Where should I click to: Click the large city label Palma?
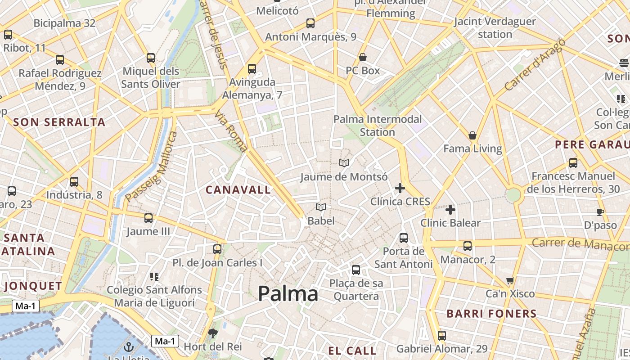288,294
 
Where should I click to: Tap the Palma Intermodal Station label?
378,126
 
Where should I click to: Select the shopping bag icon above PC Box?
363,57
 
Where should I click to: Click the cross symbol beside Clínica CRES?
400,188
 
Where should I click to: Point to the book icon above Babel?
321,207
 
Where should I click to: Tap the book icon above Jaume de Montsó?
344,163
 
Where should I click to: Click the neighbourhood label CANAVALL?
238,190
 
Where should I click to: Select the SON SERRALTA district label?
59,122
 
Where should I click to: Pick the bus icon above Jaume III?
148,218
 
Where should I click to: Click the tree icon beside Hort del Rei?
212,333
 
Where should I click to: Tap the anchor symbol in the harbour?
129,347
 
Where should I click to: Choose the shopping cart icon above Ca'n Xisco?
510,281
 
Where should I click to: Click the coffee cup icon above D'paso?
600,212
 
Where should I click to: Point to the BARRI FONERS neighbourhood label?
491,314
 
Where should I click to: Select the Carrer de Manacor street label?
580,244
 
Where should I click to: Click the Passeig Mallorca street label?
152,166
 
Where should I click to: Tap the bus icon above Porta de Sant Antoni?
404,238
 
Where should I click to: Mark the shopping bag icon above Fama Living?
472,135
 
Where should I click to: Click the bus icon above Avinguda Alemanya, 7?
252,69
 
